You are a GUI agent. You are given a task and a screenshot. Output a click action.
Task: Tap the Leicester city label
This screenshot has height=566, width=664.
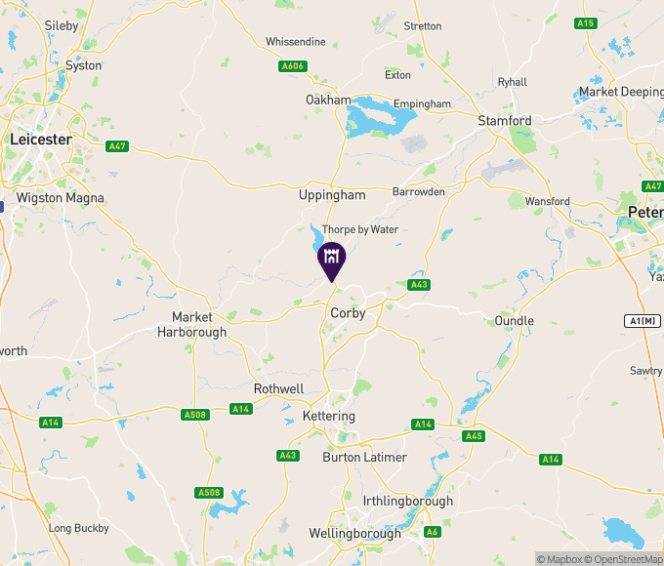click(x=41, y=140)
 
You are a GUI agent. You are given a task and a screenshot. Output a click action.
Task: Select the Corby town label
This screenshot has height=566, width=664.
click(x=348, y=313)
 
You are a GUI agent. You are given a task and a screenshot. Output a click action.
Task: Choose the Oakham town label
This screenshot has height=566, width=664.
click(x=328, y=101)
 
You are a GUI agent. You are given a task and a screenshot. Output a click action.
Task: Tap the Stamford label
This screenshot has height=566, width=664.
click(x=505, y=120)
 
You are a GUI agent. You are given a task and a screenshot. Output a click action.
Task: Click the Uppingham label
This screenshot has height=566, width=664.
click(x=332, y=195)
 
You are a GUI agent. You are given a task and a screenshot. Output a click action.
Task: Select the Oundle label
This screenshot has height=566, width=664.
click(x=514, y=321)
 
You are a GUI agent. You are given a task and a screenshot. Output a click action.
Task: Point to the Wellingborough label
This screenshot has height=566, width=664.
click(x=354, y=534)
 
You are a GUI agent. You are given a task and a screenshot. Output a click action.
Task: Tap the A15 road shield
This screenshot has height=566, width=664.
click(x=586, y=22)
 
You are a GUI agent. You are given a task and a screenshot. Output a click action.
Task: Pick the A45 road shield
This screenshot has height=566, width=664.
click(x=473, y=436)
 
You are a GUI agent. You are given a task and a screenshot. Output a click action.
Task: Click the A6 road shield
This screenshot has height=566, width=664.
click(x=432, y=532)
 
